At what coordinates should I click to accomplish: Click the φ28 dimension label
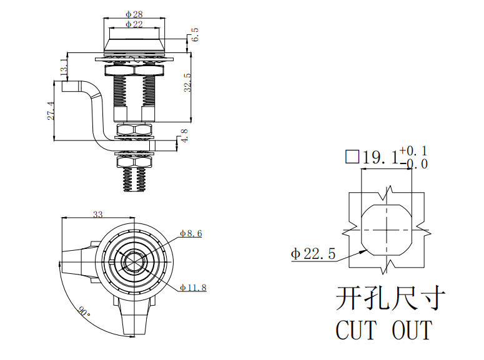click(134, 14)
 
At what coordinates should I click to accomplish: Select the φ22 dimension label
click(134, 24)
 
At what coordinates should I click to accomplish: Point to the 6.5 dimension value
click(195, 34)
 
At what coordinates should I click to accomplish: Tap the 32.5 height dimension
click(187, 82)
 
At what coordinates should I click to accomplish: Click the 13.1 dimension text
click(64, 67)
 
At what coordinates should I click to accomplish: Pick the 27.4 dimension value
click(51, 110)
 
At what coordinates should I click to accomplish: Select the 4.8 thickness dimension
click(184, 135)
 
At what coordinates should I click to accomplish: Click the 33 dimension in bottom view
click(98, 215)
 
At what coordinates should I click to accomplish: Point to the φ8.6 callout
click(190, 233)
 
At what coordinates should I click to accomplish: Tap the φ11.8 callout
click(193, 288)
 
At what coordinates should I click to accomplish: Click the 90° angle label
click(84, 311)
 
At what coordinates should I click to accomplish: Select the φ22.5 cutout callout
click(313, 254)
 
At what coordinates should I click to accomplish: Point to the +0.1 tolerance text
click(413, 151)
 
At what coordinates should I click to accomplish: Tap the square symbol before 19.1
click(352, 157)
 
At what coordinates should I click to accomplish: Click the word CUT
click(357, 330)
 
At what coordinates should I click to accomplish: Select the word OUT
click(412, 330)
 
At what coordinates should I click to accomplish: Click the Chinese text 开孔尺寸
click(390, 298)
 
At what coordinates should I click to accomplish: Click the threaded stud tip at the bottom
click(134, 190)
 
